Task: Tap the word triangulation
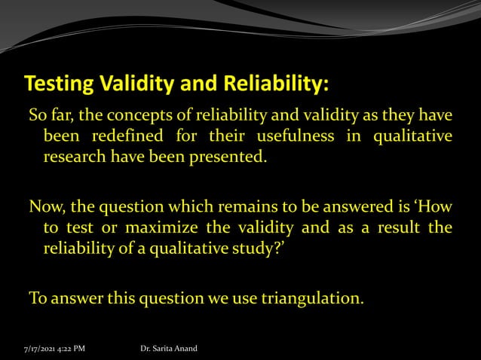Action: tap(311, 298)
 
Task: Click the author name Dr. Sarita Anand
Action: tap(169, 348)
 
